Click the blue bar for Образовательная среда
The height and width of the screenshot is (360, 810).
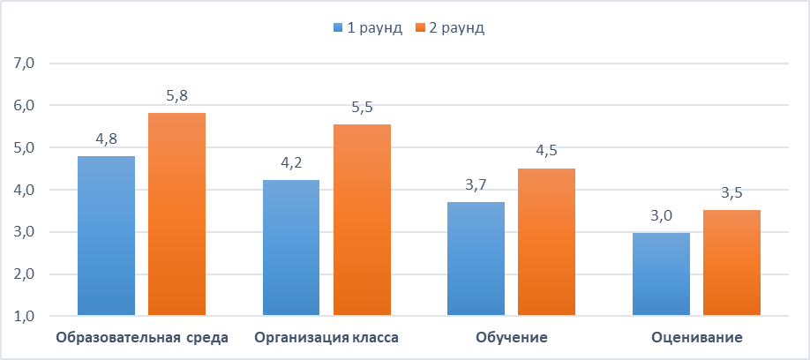coord(107,236)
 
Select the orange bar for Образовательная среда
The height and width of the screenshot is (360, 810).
coord(176,214)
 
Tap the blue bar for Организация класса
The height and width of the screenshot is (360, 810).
coord(291,248)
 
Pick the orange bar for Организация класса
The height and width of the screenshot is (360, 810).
coord(362,220)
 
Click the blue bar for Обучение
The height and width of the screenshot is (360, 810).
coord(476,259)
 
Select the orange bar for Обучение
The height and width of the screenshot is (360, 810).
coord(546,242)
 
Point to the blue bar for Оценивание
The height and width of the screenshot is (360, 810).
coord(662,274)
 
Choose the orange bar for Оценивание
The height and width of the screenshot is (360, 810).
coord(731,263)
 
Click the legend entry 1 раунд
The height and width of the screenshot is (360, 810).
coord(368,28)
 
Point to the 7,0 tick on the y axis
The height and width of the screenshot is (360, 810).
coord(23,64)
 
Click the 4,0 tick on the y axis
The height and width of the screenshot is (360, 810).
coord(23,190)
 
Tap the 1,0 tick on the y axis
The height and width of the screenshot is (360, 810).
coord(23,316)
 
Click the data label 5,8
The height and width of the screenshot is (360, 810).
coord(176,95)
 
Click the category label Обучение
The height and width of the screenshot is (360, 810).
coord(512,338)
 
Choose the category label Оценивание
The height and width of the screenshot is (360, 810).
coord(697,338)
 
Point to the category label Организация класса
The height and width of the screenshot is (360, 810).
coord(326,338)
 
